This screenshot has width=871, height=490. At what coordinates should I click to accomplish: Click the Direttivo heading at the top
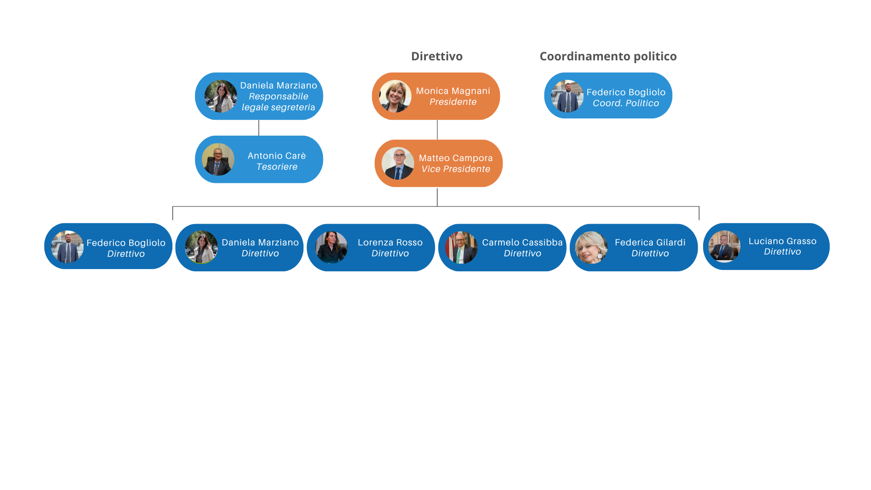(x=437, y=56)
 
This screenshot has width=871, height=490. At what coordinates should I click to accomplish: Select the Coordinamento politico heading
(x=608, y=56)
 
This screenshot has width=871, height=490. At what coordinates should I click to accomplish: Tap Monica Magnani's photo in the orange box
(x=395, y=96)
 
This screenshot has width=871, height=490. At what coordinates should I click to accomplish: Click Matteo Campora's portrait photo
(x=398, y=163)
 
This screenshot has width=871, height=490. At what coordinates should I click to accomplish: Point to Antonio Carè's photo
(x=218, y=159)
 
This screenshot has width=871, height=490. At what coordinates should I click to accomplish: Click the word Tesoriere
(x=277, y=167)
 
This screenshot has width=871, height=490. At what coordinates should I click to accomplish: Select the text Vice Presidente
(x=455, y=169)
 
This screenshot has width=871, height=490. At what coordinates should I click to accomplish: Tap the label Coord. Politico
(x=626, y=103)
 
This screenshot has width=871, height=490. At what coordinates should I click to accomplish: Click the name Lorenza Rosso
(x=390, y=242)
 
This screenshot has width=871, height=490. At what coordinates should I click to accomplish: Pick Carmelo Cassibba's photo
(x=461, y=248)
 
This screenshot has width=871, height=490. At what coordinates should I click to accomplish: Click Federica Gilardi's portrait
(x=591, y=248)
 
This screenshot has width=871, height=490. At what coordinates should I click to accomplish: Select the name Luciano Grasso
(x=782, y=241)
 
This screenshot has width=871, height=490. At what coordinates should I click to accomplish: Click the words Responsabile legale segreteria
(x=278, y=102)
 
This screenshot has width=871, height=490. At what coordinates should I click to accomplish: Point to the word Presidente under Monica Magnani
(x=453, y=102)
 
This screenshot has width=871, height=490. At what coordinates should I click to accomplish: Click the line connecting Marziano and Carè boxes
(x=259, y=127)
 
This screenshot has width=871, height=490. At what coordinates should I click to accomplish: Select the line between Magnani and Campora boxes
(x=437, y=130)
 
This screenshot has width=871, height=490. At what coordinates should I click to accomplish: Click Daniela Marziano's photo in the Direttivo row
(x=201, y=247)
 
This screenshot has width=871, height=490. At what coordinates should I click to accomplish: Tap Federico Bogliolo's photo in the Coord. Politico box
(x=567, y=96)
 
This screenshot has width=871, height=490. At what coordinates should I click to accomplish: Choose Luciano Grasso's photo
(x=724, y=246)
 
